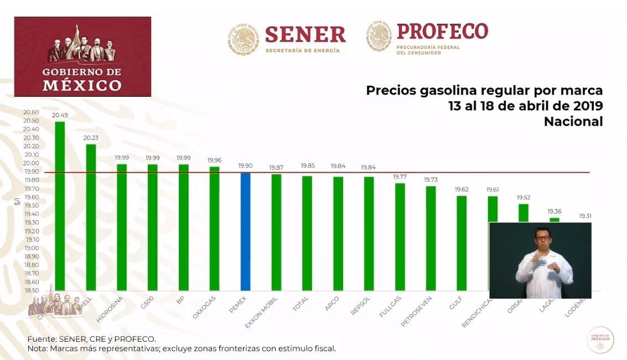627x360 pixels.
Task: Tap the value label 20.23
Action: [x=91, y=139]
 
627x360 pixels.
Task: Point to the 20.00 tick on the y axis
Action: [x=31, y=163]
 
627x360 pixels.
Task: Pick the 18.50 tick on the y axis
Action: [x=31, y=290]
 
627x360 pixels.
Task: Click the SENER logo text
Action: [x=305, y=35]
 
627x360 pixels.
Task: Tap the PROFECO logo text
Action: [x=442, y=32]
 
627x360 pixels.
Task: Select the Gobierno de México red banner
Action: [x=82, y=56]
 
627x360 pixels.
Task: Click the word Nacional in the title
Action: [x=573, y=122]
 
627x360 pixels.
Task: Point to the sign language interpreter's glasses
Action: [x=542, y=238]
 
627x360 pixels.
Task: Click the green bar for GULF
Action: [x=461, y=243]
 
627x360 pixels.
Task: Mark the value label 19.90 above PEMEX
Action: [x=245, y=166]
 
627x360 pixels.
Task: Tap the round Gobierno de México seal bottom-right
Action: [x=600, y=340]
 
